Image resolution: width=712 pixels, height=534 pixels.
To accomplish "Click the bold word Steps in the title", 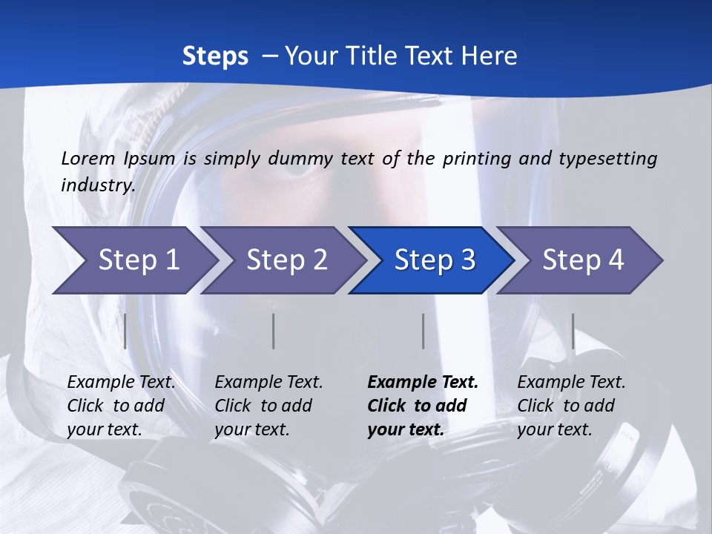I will [215, 56].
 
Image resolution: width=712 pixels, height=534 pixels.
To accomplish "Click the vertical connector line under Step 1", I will [125, 331].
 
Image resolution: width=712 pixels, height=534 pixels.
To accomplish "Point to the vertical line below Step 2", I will [274, 331].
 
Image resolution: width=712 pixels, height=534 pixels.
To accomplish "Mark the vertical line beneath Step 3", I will [423, 331].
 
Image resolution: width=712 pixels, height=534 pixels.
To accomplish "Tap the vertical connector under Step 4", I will [573, 331].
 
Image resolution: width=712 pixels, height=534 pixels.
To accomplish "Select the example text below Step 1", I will [121, 406].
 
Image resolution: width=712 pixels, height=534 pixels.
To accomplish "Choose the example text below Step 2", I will [268, 406].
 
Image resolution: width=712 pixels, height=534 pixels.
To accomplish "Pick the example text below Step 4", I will [571, 406].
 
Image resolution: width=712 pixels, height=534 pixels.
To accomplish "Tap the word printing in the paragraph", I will [475, 159].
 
